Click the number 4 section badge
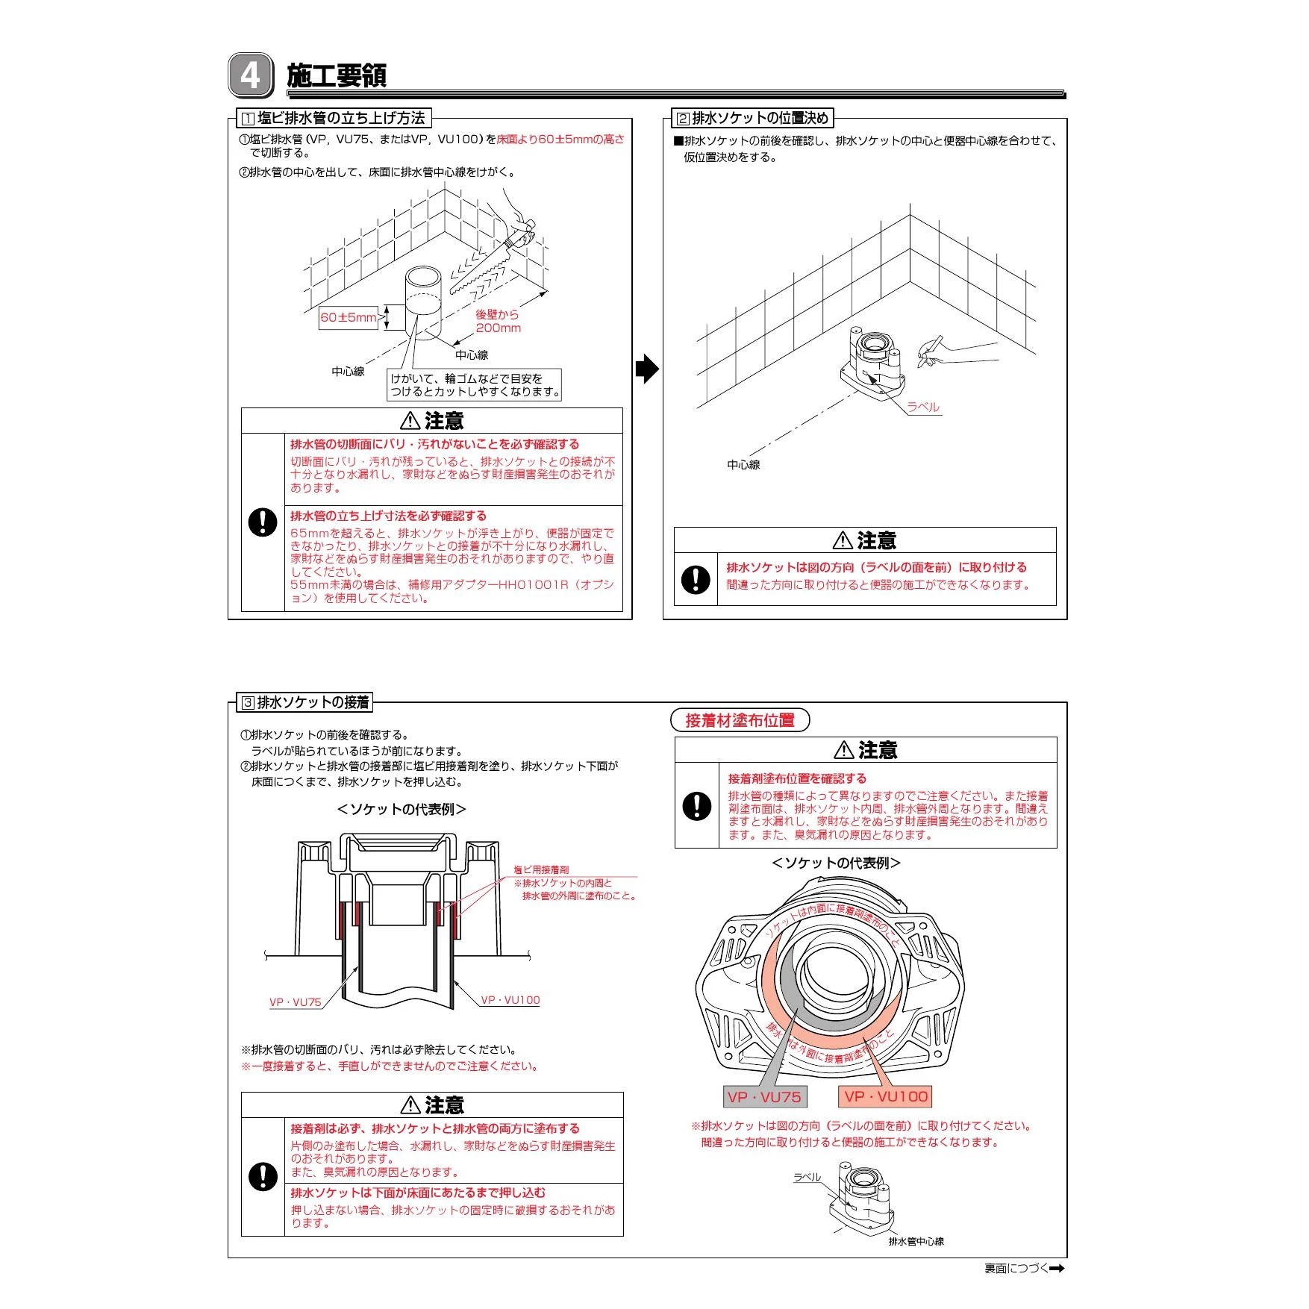click(x=251, y=75)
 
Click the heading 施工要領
click(x=337, y=76)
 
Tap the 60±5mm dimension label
click(x=349, y=317)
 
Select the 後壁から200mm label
click(x=498, y=322)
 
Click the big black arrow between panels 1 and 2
click(x=647, y=369)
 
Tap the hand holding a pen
click(x=942, y=352)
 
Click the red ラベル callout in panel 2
click(x=923, y=407)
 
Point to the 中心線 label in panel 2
click(x=743, y=464)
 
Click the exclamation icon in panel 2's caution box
click(x=696, y=579)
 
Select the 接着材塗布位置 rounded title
click(x=740, y=720)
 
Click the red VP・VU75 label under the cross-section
click(x=295, y=1002)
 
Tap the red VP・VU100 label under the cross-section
click(x=510, y=1000)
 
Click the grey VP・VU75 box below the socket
click(x=764, y=1096)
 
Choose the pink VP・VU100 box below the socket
click(x=885, y=1096)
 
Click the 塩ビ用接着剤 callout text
click(x=541, y=869)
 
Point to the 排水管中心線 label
click(x=916, y=1241)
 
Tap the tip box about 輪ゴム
click(x=475, y=385)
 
